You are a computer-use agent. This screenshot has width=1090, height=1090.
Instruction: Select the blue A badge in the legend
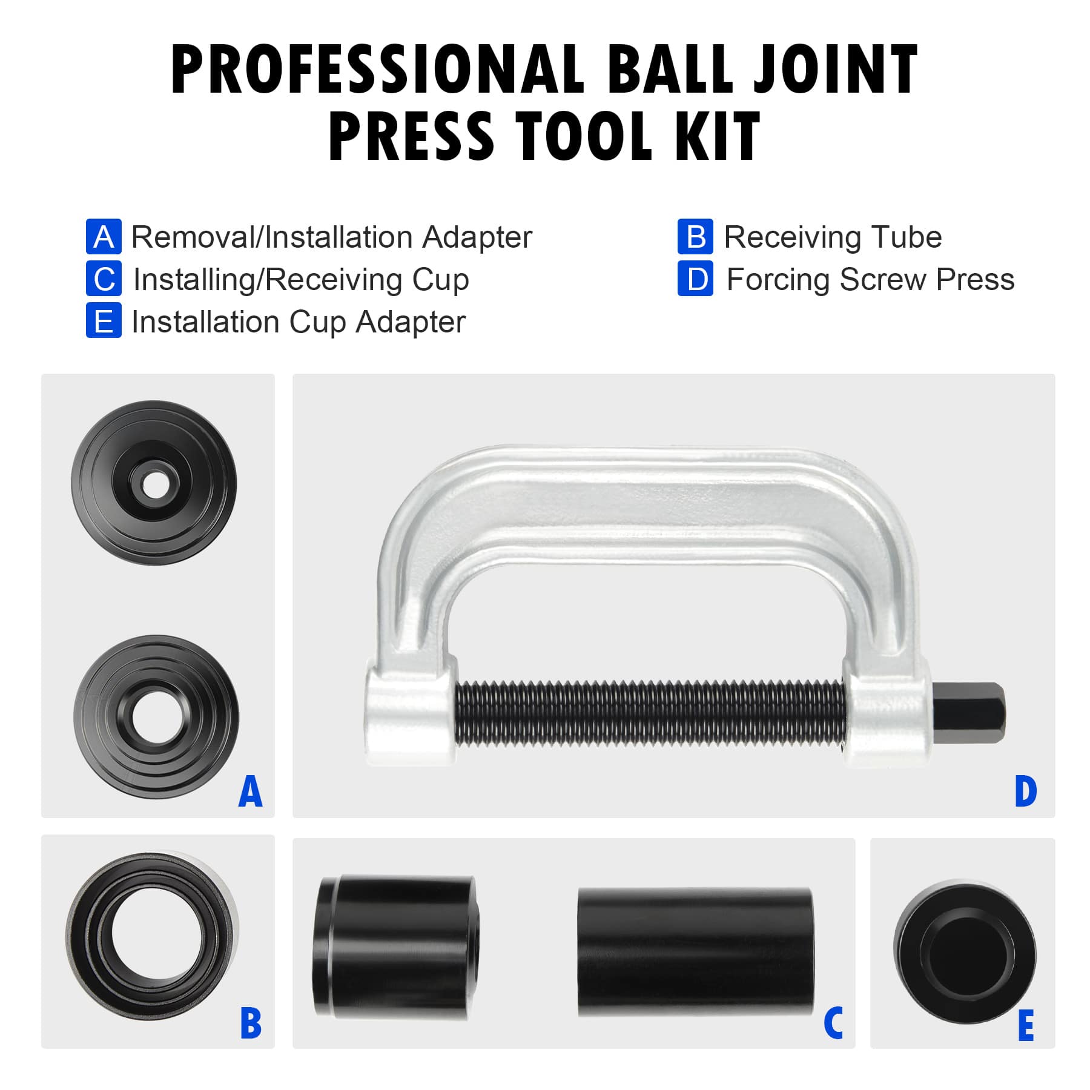pyautogui.click(x=104, y=237)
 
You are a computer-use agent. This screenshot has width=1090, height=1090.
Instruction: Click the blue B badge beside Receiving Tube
pyautogui.click(x=695, y=237)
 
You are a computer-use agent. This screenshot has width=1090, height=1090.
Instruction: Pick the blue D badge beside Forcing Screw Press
pyautogui.click(x=695, y=279)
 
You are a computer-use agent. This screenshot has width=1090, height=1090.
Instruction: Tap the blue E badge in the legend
pyautogui.click(x=104, y=321)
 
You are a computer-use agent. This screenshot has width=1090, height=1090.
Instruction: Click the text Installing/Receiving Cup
pyautogui.click(x=301, y=280)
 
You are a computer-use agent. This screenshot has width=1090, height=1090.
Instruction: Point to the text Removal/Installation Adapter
pyautogui.click(x=331, y=237)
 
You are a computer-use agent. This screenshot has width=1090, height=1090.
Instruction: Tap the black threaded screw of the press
pyautogui.click(x=648, y=713)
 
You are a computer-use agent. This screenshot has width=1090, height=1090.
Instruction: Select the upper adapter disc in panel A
pyautogui.click(x=154, y=483)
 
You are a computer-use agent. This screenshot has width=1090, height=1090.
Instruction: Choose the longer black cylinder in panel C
pyautogui.click(x=695, y=952)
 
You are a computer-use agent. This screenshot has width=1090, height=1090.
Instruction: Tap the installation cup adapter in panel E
pyautogui.click(x=964, y=953)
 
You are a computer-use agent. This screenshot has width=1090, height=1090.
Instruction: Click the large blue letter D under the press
pyautogui.click(x=1026, y=791)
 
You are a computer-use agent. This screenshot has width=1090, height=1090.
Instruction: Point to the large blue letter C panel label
pyautogui.click(x=833, y=1023)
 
